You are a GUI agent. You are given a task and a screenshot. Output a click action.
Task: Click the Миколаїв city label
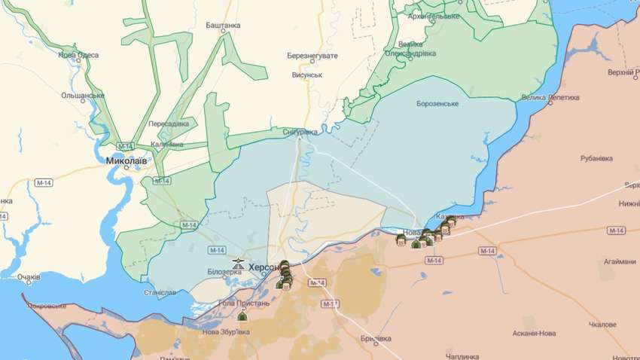[x=126, y=160]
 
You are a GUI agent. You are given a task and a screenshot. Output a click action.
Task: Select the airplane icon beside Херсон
[x=239, y=264]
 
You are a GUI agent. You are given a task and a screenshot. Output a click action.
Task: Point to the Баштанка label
[x=223, y=25]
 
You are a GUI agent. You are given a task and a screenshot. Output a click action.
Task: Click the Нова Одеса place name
[x=78, y=55]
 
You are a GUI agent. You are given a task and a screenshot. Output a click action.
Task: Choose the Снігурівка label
[x=300, y=131]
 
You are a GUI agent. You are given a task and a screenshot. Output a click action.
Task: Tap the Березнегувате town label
[x=312, y=56]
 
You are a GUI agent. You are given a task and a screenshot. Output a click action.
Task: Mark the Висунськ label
[x=307, y=75]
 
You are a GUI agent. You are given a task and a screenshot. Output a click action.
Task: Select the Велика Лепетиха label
[x=550, y=97]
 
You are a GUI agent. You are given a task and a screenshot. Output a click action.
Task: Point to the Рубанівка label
[x=599, y=158]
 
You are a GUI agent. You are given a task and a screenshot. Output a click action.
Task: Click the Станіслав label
[x=160, y=292]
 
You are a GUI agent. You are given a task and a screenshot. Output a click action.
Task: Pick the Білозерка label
[x=222, y=272]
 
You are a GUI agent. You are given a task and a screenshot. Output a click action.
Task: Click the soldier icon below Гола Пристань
[x=242, y=316]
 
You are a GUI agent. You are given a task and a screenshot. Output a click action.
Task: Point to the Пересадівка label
[x=169, y=123]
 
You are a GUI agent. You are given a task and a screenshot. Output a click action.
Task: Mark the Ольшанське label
[x=83, y=96]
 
